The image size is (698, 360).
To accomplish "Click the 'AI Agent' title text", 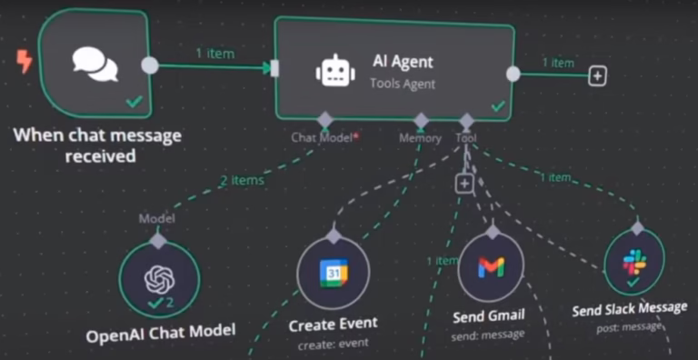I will [403, 62].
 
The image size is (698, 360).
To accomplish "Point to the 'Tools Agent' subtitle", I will [402, 84].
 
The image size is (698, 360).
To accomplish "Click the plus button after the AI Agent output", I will [596, 76].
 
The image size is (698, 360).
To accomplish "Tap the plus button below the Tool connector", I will [464, 184].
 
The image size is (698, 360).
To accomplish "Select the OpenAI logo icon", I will [159, 275].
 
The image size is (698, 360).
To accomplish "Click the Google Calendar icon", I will [334, 272].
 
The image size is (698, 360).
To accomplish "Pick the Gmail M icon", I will [491, 267].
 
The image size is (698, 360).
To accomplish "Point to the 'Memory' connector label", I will [419, 138].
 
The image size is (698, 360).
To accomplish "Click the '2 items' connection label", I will [242, 180].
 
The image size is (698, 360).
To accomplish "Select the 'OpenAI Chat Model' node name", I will [160, 334].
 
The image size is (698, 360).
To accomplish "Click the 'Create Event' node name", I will [333, 324].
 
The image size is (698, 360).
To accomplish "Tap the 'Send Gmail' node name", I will [489, 316].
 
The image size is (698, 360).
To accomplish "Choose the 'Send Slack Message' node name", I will [629, 309].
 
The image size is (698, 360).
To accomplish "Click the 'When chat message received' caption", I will [97, 145].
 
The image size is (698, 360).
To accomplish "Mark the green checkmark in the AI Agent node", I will [497, 106].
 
